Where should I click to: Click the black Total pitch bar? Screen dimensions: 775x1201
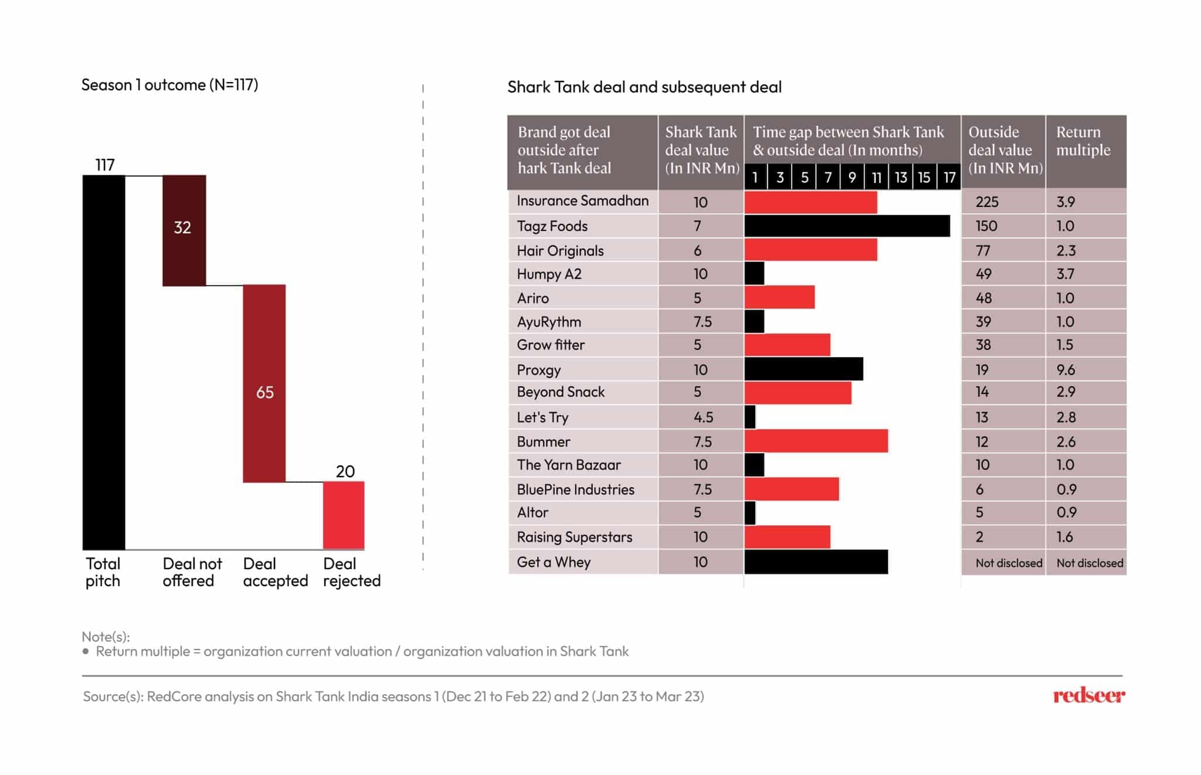point(104,362)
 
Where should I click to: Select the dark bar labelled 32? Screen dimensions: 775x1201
point(184,230)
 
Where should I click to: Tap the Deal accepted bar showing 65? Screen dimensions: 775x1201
point(264,383)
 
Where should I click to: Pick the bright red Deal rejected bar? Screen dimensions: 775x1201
point(344,515)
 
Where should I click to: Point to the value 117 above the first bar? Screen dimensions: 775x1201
point(105,165)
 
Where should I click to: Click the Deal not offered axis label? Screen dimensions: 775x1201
point(192,572)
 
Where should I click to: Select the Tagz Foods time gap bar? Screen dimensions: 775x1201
point(847,226)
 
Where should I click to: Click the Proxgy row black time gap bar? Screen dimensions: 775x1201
point(803,369)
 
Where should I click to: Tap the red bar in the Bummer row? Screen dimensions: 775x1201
point(816,441)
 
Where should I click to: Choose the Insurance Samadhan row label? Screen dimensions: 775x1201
point(582,201)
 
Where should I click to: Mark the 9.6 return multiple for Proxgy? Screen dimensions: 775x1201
point(1066,370)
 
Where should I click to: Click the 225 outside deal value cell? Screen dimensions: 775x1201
point(987,202)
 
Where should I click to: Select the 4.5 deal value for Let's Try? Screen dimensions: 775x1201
point(703,417)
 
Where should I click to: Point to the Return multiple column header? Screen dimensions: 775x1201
point(1083,141)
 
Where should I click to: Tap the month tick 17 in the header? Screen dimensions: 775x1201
point(949,178)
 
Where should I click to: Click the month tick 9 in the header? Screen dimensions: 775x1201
point(852,178)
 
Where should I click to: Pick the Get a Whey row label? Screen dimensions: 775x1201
point(554,562)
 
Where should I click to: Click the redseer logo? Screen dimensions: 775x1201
point(1089,696)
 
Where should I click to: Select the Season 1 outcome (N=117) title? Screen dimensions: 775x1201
point(169,85)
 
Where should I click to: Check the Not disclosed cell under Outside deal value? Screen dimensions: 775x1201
point(1009,563)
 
